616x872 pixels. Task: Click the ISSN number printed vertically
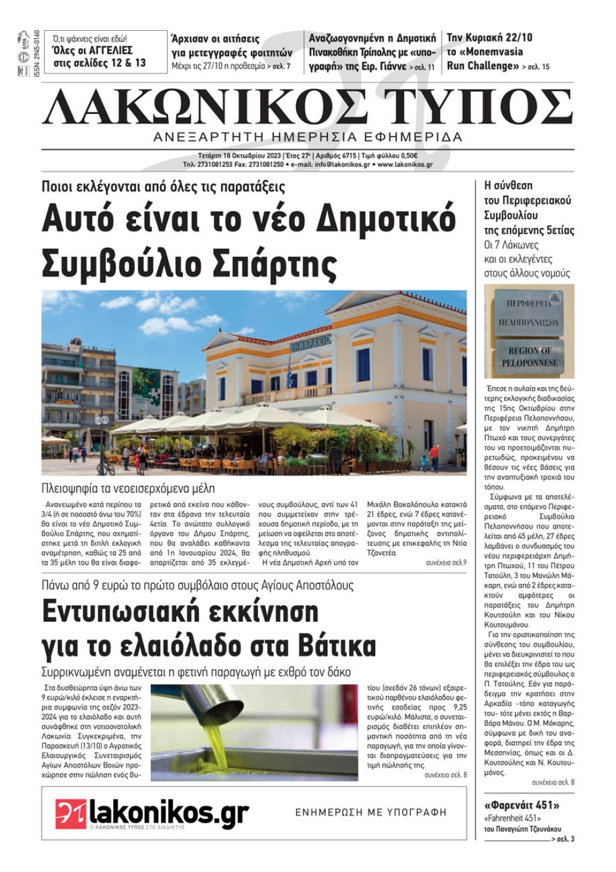[x=36, y=53]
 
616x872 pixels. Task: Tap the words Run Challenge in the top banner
[x=480, y=65]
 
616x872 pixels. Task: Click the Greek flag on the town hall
[x=290, y=373]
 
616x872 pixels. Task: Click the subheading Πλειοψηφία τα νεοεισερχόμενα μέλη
[x=128, y=488]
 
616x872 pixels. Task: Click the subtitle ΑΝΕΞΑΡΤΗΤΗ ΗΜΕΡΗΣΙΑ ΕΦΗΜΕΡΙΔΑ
[x=308, y=137]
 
